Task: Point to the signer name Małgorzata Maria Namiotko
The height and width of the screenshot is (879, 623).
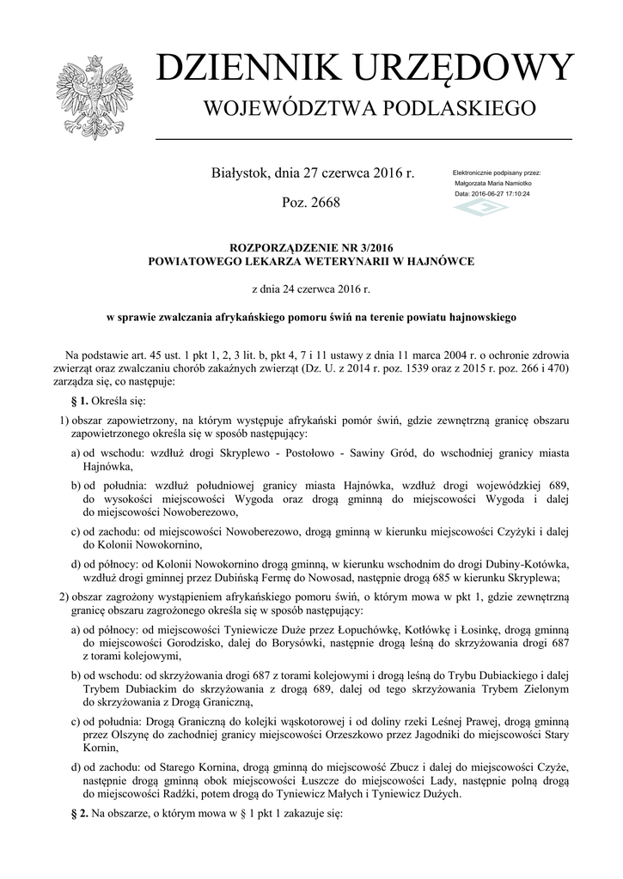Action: click(493, 184)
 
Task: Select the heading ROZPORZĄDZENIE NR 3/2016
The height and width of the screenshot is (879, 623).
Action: click(311, 247)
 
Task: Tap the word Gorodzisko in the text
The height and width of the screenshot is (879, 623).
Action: click(186, 643)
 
